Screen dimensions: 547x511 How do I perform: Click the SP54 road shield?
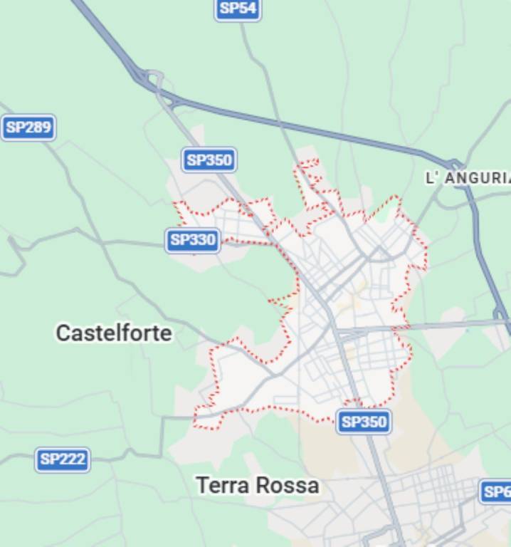tap(238, 9)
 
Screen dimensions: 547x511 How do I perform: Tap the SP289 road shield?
tap(28, 128)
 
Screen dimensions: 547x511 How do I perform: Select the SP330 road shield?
tap(193, 240)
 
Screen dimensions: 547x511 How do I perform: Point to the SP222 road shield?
tap(63, 459)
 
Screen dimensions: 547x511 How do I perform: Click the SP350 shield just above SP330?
tap(209, 160)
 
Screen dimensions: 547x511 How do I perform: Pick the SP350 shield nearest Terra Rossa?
tap(364, 422)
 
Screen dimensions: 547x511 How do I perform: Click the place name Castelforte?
tap(114, 333)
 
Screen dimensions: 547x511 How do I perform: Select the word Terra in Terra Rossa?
tap(222, 486)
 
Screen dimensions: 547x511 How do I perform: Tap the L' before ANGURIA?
tap(433, 178)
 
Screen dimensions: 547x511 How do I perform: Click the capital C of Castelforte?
tap(63, 333)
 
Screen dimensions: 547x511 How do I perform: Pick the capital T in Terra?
tap(201, 486)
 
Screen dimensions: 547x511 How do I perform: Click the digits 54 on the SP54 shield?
tap(247, 9)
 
